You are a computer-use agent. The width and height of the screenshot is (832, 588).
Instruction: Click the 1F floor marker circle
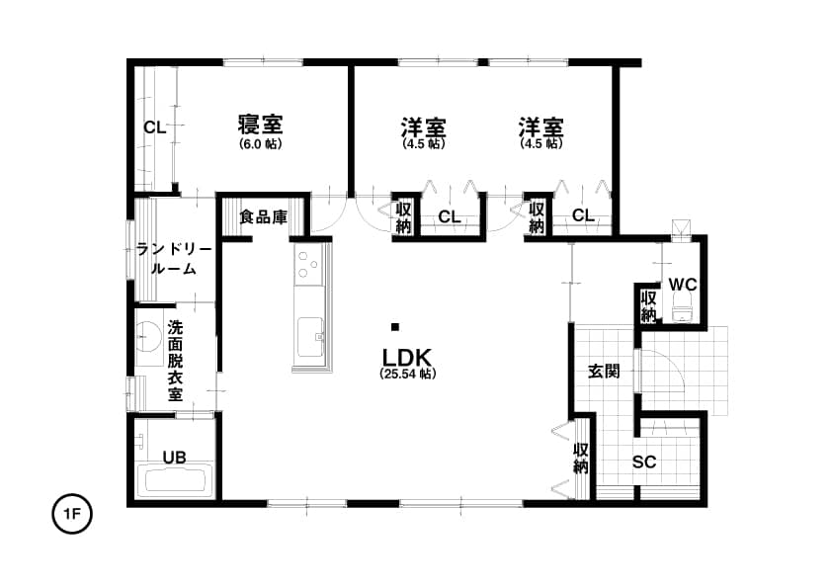[x=72, y=514]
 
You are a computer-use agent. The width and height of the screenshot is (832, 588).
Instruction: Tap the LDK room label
[x=407, y=356]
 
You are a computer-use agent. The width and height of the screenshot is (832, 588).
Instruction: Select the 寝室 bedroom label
[x=260, y=125]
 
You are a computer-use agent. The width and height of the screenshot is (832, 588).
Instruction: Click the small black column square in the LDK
[x=395, y=327]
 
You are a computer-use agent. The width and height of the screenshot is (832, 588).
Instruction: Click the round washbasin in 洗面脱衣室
[x=148, y=336]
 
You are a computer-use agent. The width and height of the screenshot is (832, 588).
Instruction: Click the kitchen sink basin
[x=311, y=338]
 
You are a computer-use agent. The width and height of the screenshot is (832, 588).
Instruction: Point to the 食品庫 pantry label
[x=264, y=216]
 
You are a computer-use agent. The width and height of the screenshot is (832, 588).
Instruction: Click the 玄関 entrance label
[x=605, y=372]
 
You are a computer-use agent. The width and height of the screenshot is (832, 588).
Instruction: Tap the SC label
[x=644, y=462]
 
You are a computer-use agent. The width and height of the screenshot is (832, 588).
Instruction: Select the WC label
[x=683, y=285]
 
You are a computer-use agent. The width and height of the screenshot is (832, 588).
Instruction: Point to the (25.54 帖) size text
[x=407, y=374]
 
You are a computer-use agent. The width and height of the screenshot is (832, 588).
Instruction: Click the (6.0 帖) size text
[x=260, y=144]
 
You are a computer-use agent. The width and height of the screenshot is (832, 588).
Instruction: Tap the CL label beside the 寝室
[x=155, y=127]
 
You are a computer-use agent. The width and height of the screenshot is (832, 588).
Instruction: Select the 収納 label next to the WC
[x=648, y=306]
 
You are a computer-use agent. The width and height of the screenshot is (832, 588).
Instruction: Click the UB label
[x=174, y=457]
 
